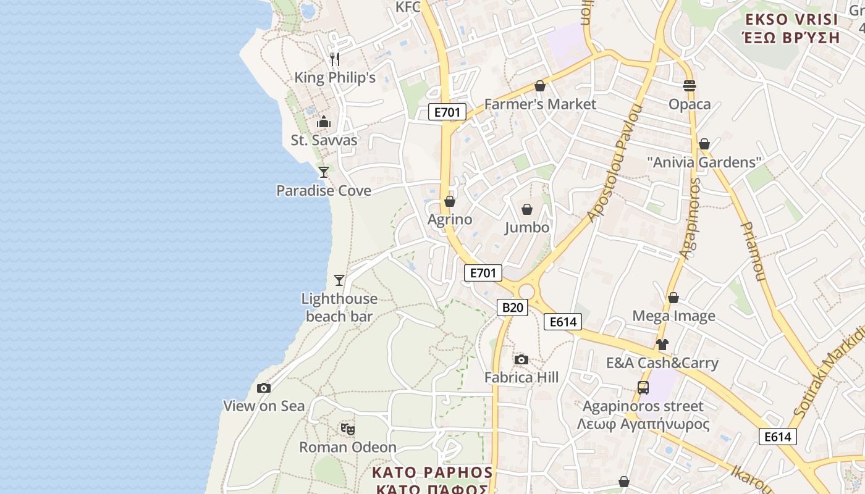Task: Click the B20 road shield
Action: click(x=512, y=308)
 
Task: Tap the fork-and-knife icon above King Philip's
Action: click(x=335, y=59)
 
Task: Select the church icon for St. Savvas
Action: click(x=324, y=122)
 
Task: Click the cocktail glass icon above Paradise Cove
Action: click(x=324, y=172)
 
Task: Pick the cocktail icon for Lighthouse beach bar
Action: click(x=339, y=280)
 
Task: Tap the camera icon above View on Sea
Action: click(x=264, y=388)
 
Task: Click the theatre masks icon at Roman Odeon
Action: click(x=348, y=429)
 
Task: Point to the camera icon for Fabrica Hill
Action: click(x=521, y=359)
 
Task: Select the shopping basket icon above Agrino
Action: click(x=450, y=201)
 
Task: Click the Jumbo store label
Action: click(x=527, y=227)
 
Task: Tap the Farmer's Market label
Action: click(x=540, y=104)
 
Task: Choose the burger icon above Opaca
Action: click(x=690, y=86)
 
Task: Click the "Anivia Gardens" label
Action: click(x=704, y=162)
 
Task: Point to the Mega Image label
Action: click(x=673, y=316)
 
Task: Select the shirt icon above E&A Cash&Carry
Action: click(x=662, y=345)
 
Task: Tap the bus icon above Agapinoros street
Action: click(x=643, y=388)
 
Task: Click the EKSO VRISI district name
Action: click(x=791, y=19)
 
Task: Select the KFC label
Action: click(x=408, y=7)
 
